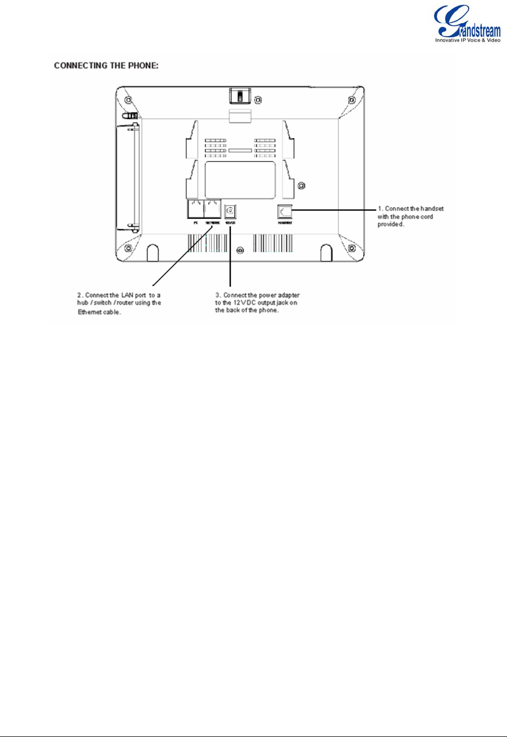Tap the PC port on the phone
(x=196, y=209)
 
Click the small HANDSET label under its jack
(x=285, y=222)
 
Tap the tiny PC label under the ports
(x=196, y=222)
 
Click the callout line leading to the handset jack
(x=334, y=210)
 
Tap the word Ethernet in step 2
(x=89, y=313)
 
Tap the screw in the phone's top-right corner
(x=351, y=101)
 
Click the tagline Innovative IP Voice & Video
(x=468, y=40)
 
